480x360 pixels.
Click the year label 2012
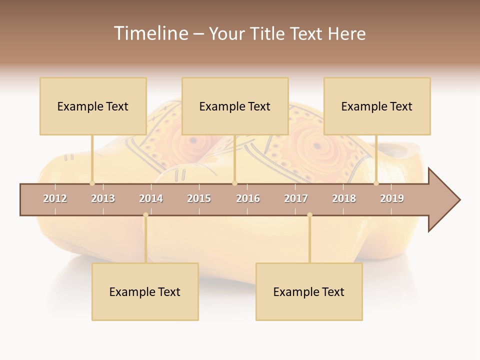(x=55, y=198)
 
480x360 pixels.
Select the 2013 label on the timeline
(x=103, y=198)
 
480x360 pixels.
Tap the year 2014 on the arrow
(x=151, y=198)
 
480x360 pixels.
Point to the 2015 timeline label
(x=199, y=198)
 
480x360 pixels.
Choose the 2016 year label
(x=248, y=198)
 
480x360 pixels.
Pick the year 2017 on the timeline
(x=296, y=198)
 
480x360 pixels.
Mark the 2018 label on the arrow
(x=344, y=198)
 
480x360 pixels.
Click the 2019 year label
(x=392, y=198)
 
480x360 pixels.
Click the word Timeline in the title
(x=150, y=33)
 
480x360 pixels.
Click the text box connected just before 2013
(x=93, y=106)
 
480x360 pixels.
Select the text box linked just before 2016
(x=235, y=106)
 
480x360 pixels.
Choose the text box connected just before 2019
(x=377, y=106)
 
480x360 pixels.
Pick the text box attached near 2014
(x=145, y=291)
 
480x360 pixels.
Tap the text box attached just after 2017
(x=309, y=291)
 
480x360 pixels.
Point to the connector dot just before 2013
(x=92, y=183)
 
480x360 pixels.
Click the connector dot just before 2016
(x=234, y=183)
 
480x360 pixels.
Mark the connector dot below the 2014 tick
(x=145, y=215)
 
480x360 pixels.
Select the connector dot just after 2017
(x=309, y=215)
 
